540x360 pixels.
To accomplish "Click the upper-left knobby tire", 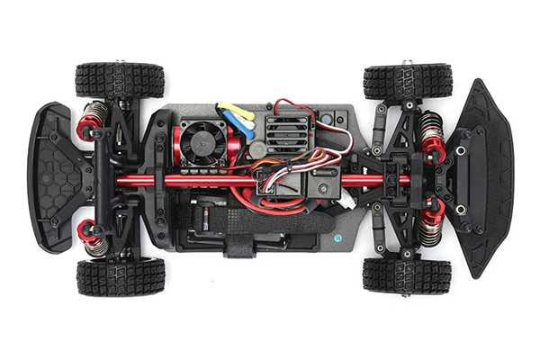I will tap(120, 80).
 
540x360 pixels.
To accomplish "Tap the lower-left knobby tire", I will tap(121, 276).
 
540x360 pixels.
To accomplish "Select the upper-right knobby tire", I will tap(408, 81).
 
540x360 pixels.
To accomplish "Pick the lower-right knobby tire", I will tap(407, 275).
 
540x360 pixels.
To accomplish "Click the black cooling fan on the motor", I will tap(196, 143).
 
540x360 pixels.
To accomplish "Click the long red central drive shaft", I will tap(270, 180).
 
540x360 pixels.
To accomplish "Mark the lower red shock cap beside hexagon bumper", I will tap(88, 232).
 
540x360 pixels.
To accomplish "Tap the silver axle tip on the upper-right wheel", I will tap(407, 63).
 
